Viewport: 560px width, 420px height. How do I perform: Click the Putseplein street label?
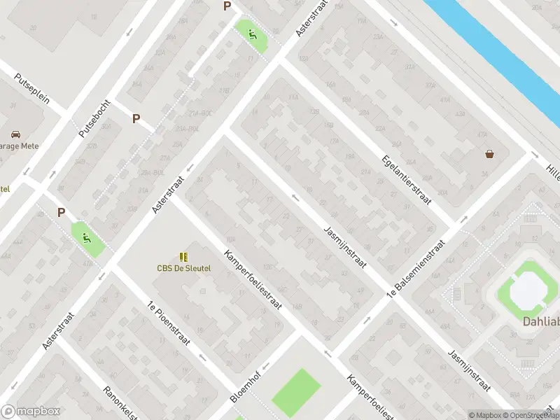pos(34,88)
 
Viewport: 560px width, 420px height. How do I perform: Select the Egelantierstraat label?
pos(405,180)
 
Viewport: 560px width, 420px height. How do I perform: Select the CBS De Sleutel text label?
pos(183,268)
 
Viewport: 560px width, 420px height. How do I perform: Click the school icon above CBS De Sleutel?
pos(183,257)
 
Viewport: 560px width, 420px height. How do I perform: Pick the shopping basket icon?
pos(489,153)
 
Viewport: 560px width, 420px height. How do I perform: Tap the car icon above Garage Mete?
pos(15,134)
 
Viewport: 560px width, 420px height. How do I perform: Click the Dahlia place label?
pos(541,322)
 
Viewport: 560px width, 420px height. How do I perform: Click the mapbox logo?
pos(29,412)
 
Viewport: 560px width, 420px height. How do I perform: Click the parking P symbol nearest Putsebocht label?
pos(136,119)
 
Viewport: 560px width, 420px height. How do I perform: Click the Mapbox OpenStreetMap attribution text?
pos(514,415)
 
